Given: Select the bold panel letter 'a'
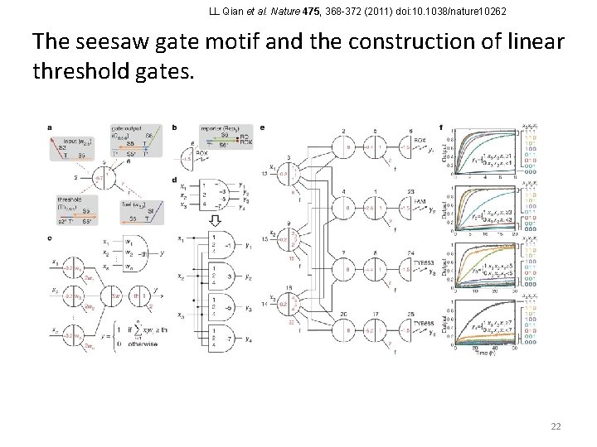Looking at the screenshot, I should click(x=51, y=127).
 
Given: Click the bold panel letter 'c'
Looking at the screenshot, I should click(x=51, y=238).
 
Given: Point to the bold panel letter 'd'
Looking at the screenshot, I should click(x=173, y=179).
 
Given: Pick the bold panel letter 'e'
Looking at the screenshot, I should click(x=262, y=127).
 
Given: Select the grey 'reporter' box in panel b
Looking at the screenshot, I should click(x=220, y=137).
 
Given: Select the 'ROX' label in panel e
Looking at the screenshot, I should click(x=420, y=140).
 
